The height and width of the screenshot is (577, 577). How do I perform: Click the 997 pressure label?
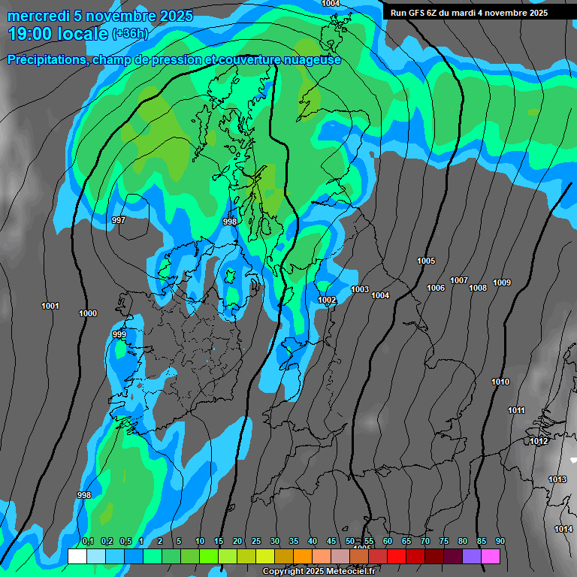click(118, 220)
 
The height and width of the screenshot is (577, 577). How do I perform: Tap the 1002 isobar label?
click(327, 300)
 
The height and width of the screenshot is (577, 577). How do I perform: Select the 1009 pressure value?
click(502, 282)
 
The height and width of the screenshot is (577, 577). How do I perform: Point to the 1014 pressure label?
click(563, 529)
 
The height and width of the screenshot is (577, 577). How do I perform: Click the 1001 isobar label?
click(50, 306)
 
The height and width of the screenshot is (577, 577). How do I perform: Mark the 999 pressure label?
click(119, 334)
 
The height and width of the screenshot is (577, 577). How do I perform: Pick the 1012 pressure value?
click(539, 441)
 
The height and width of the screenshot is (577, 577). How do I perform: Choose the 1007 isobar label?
click(459, 280)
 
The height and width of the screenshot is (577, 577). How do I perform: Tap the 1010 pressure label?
click(500, 382)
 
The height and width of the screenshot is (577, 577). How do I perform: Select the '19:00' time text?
click(33, 33)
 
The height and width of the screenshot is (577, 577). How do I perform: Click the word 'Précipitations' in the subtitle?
click(45, 60)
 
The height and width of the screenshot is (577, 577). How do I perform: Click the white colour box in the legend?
click(77, 556)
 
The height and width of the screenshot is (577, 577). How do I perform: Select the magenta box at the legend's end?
click(491, 556)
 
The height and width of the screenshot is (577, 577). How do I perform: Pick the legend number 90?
click(500, 542)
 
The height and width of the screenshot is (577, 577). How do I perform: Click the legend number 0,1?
click(87, 542)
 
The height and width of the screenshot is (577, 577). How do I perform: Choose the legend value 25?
click(256, 542)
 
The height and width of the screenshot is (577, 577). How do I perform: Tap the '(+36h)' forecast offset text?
click(130, 34)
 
